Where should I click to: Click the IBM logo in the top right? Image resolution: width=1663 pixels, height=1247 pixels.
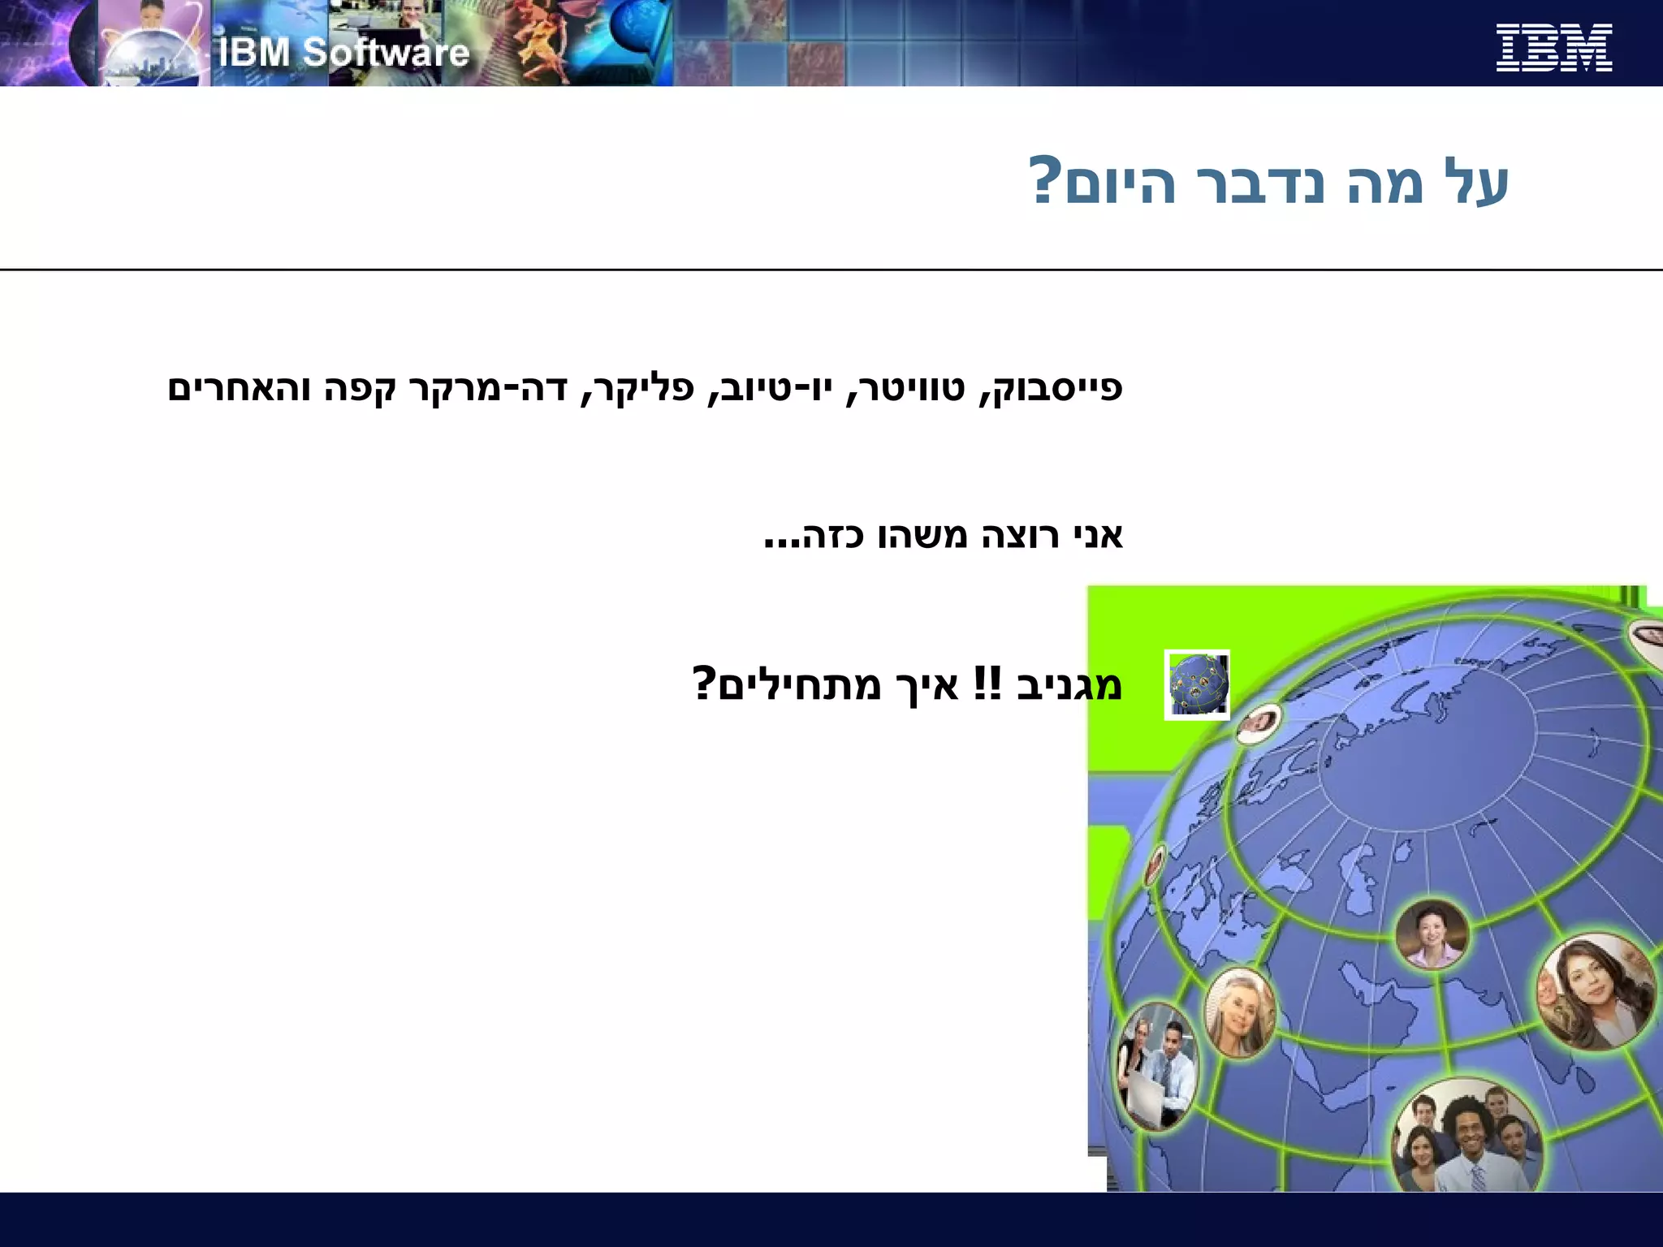point(1553,47)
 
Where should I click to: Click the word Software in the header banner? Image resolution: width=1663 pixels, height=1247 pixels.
point(387,53)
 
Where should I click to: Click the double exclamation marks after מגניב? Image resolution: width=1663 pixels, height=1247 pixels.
point(987,684)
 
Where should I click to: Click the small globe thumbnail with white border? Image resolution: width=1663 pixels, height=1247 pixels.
point(1197,684)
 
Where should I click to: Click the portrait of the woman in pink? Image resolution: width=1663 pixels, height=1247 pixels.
point(1432,934)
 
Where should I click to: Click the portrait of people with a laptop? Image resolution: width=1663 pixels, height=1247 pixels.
point(1156,1065)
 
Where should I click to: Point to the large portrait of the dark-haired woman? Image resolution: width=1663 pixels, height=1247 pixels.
point(1596,992)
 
